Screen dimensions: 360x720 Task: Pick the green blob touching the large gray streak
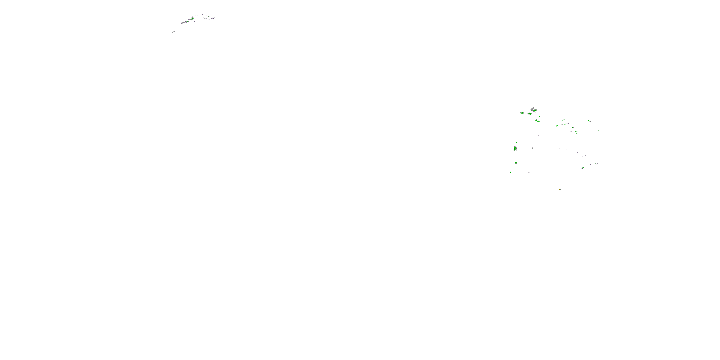(x=535, y=111)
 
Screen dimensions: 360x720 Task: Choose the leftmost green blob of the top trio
(x=522, y=113)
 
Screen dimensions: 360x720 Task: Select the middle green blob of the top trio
(x=529, y=114)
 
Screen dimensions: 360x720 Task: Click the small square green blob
(x=516, y=163)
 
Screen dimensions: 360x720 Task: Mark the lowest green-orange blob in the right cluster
(x=560, y=190)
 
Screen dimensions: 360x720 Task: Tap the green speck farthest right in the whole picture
(x=598, y=130)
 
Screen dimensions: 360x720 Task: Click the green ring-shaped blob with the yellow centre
(x=583, y=168)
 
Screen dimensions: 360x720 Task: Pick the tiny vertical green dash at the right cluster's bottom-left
(x=511, y=172)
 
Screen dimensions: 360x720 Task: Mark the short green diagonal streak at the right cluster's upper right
(x=589, y=121)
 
